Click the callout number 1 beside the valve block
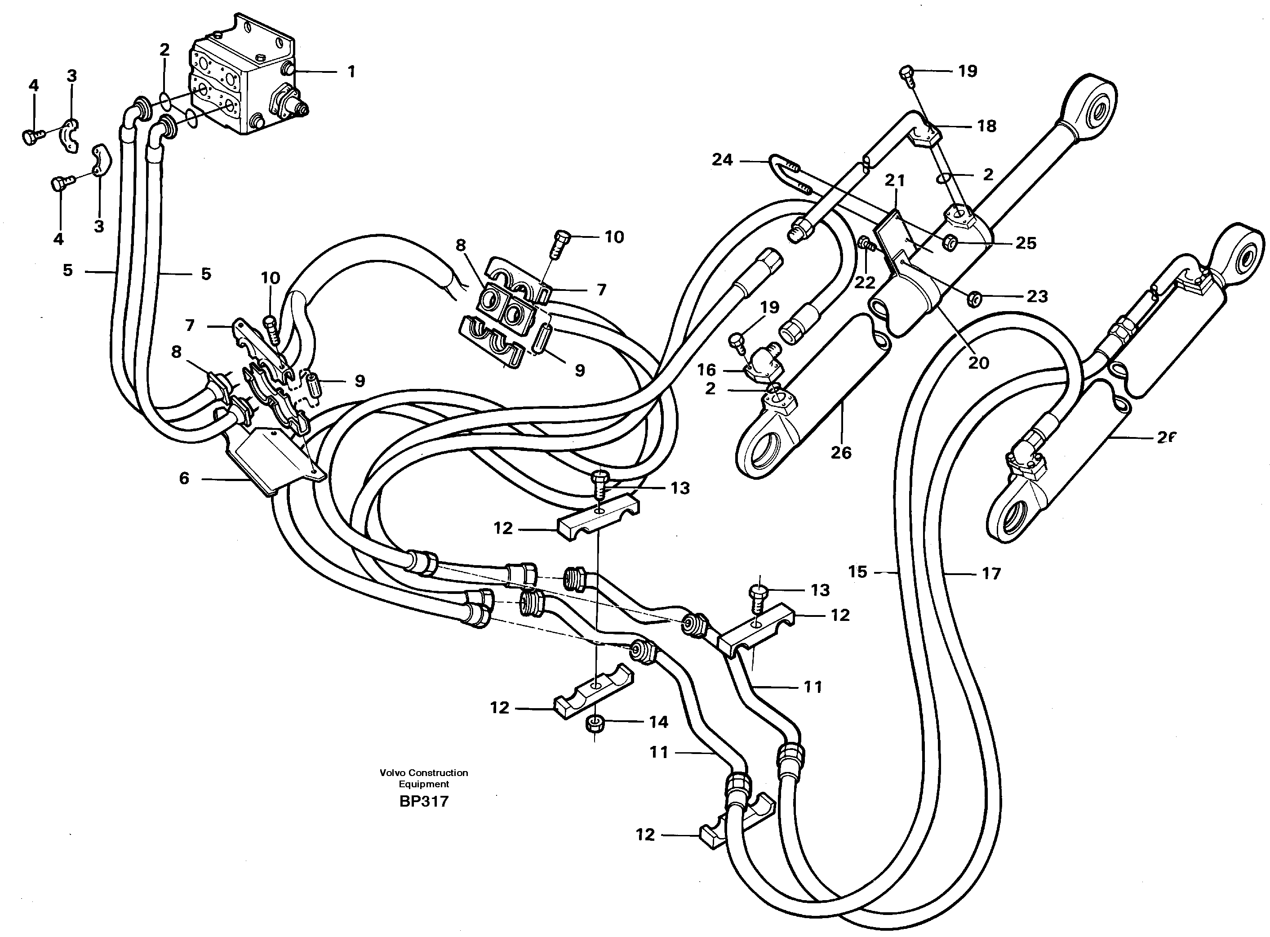tap(351, 72)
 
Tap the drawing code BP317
tap(423, 802)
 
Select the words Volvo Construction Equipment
tap(423, 778)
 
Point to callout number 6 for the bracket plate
tap(184, 479)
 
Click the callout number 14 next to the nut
tap(658, 722)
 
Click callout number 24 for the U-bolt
tap(722, 161)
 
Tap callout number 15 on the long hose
tap(857, 572)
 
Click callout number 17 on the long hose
tap(991, 574)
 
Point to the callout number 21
tap(895, 181)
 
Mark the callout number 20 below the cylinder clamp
tap(978, 363)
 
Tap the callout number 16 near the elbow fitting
tap(706, 370)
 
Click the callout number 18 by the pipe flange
tap(986, 126)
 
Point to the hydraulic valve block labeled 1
tap(244, 85)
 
